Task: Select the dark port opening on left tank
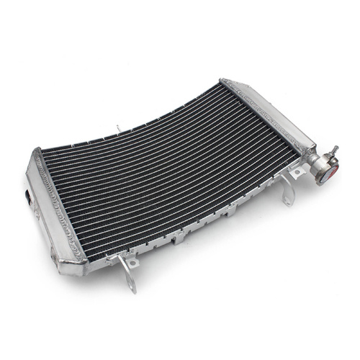(x=29, y=194)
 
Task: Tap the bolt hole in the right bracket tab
(x=294, y=173)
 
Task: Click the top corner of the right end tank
(x=225, y=81)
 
